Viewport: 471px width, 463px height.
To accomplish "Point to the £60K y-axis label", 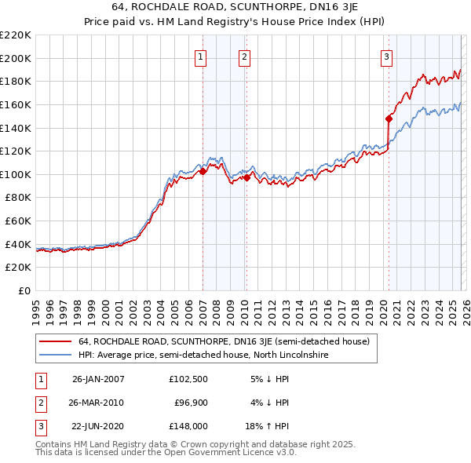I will coord(18,221).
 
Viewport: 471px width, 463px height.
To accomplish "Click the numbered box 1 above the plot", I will coord(201,57).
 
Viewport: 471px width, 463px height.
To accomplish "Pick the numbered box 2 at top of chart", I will coord(244,57).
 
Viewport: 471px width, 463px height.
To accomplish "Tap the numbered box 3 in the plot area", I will coord(387,57).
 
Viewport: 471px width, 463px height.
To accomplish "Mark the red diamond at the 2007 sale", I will coord(203,171).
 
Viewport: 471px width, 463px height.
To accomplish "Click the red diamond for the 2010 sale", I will coord(246,178).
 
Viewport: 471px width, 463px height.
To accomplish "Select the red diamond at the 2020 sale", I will coord(389,118).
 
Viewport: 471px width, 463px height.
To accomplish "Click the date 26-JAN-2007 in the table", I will coord(97,379).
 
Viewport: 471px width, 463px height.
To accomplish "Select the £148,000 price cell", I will coord(188,426).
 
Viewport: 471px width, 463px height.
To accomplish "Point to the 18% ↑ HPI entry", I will coord(268,426).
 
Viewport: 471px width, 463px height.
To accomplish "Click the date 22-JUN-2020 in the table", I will coord(97,426).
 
